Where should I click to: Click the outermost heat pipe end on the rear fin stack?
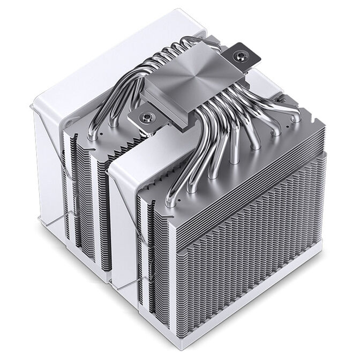93,136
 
